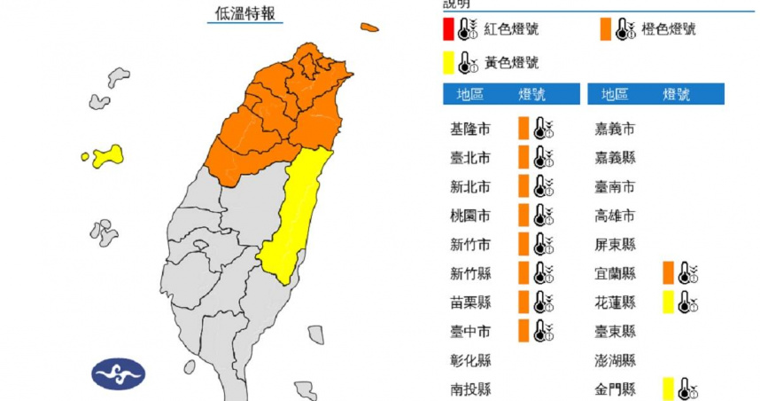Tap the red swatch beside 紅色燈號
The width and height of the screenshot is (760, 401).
(x=449, y=30)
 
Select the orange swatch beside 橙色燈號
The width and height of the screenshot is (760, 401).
(x=605, y=30)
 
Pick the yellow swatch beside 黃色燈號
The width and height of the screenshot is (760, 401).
(x=449, y=62)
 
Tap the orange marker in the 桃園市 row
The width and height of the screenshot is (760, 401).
(x=524, y=215)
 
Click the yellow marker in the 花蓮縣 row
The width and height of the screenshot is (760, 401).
(x=666, y=303)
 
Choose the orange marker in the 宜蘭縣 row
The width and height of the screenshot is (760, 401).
(x=666, y=273)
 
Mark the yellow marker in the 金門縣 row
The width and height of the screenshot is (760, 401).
(x=666, y=389)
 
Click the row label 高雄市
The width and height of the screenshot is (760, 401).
(x=617, y=216)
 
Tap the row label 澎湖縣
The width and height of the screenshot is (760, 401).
(x=617, y=360)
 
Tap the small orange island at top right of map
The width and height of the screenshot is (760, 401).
(x=369, y=28)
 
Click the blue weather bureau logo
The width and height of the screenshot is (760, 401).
(x=118, y=373)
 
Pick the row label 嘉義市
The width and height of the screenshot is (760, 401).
(x=617, y=129)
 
